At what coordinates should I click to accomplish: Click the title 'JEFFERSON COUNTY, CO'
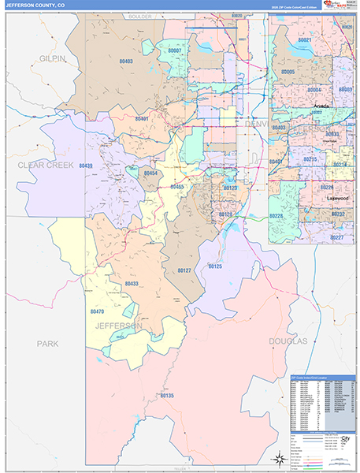point(37,6)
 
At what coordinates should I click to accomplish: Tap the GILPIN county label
point(52,59)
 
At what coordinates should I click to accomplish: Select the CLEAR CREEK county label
point(46,165)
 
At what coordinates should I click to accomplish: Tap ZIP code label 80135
point(165,396)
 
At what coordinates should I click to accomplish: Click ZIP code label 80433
point(131,284)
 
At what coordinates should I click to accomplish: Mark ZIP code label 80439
point(86,166)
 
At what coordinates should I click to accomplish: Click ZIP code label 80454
point(150,173)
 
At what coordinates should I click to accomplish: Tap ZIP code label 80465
point(176,187)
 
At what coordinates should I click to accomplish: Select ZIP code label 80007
point(174,50)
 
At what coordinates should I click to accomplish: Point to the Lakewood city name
point(338,198)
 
